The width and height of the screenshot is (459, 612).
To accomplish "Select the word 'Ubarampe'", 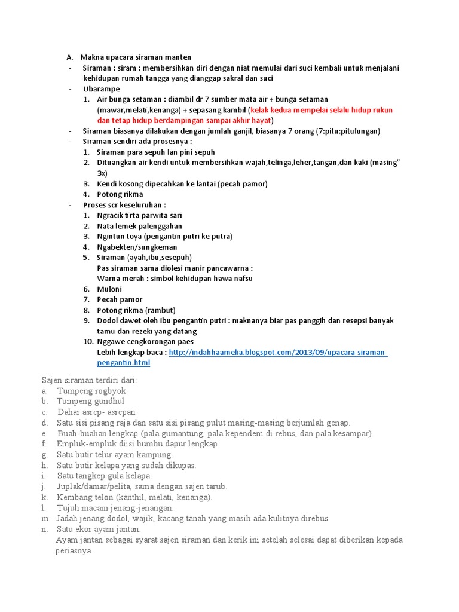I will (x=101, y=89).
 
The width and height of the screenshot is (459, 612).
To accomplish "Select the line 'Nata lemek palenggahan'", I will (x=139, y=226).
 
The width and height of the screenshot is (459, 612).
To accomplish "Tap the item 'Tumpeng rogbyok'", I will (x=91, y=391).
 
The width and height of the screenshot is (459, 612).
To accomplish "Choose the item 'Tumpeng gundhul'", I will (x=91, y=402).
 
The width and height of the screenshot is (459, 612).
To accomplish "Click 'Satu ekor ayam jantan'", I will (x=99, y=529).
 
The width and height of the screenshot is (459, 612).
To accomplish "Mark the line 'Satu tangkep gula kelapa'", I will (x=105, y=476).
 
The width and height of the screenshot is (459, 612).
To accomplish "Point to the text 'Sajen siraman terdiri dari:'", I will (x=89, y=380).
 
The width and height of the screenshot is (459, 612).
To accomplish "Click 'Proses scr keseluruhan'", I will (x=124, y=204).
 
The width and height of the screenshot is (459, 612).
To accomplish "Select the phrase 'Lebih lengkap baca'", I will (x=131, y=353).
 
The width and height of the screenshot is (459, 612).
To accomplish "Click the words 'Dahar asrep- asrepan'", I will (x=96, y=412).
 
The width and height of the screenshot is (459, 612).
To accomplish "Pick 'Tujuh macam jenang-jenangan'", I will (x=114, y=507).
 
